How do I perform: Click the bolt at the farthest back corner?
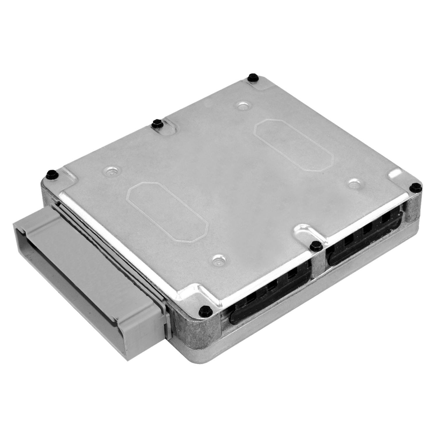point(251,77)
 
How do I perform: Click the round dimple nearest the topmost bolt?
point(242,106)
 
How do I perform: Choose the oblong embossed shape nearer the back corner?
point(293,145)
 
